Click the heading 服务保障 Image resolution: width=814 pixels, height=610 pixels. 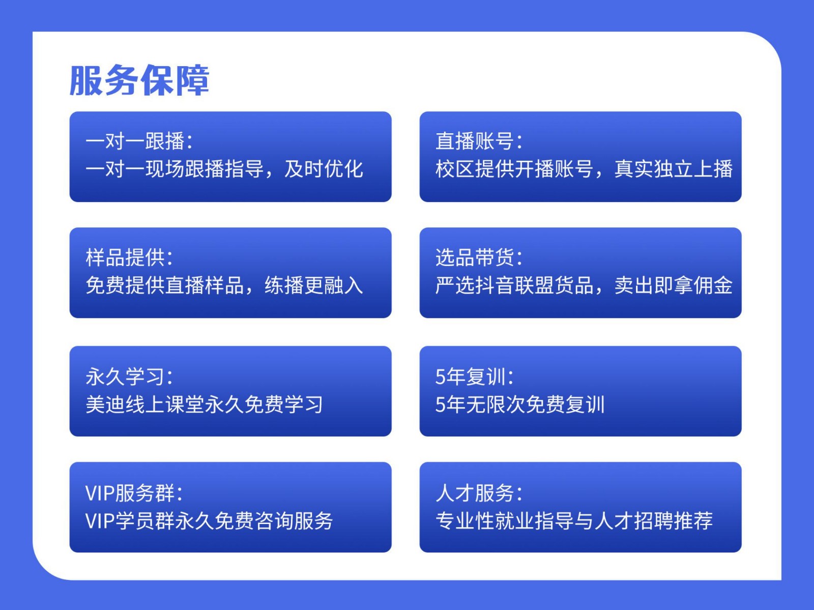pyautogui.click(x=139, y=80)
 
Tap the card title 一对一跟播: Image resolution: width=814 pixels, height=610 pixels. pyautogui.click(x=139, y=141)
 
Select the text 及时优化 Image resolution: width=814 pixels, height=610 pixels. pyautogui.click(x=324, y=169)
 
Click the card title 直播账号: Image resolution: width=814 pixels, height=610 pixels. pyautogui.click(x=480, y=141)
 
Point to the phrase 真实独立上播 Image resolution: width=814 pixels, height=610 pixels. pyautogui.click(x=674, y=169)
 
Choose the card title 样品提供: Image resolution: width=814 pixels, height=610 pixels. pyautogui.click(x=129, y=257)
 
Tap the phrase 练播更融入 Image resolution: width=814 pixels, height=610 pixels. pyautogui.click(x=314, y=285)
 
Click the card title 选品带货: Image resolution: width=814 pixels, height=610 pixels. pyautogui.click(x=480, y=257)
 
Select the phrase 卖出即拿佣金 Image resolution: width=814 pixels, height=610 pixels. pyautogui.click(x=674, y=285)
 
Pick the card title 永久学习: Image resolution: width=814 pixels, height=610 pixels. pyautogui.click(x=129, y=376)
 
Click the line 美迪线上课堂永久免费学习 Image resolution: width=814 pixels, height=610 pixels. pyautogui.click(x=205, y=404)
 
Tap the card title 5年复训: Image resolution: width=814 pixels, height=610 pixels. pyautogui.click(x=475, y=376)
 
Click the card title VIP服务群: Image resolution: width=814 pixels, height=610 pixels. pyautogui.click(x=134, y=493)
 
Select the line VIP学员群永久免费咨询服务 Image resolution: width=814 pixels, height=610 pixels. pyautogui.click(x=209, y=520)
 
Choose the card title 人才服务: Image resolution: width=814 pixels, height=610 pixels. pyautogui.click(x=480, y=493)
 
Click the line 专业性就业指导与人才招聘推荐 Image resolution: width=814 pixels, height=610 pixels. pyautogui.click(x=574, y=520)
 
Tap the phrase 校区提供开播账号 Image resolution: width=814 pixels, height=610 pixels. pyautogui.click(x=515, y=169)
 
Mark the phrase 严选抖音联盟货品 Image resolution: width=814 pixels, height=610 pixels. pyautogui.click(x=515, y=285)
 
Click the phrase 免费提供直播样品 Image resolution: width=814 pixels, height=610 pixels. pyautogui.click(x=165, y=285)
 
